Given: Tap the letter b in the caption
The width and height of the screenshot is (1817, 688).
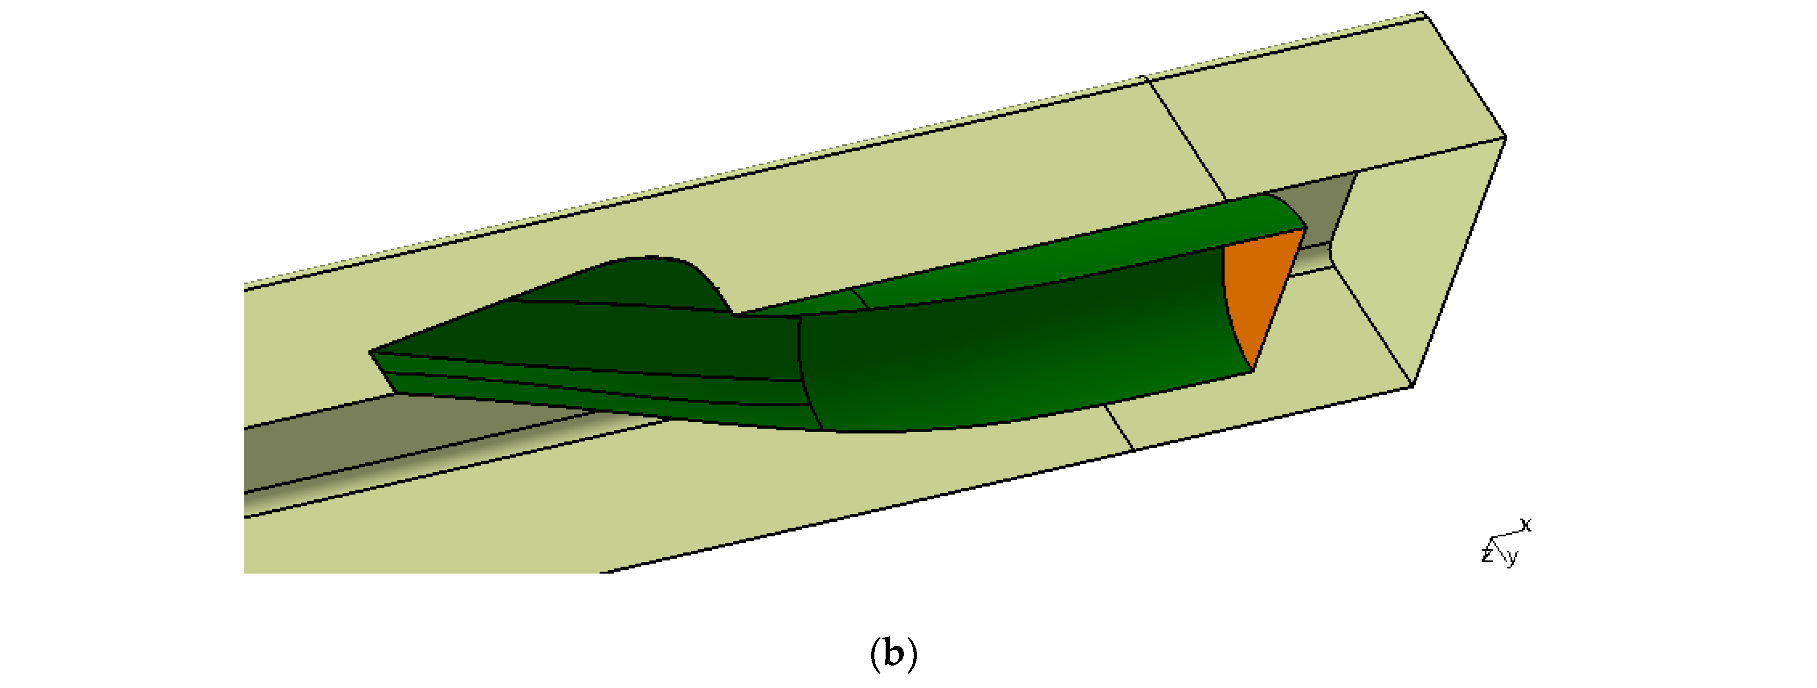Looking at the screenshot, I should pyautogui.click(x=894, y=653).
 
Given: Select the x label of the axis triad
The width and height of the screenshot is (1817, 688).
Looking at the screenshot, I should pyautogui.click(x=1526, y=525).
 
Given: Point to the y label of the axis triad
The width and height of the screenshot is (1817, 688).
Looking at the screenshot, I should pyautogui.click(x=1512, y=558).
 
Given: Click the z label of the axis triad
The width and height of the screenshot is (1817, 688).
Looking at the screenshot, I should pyautogui.click(x=1487, y=554).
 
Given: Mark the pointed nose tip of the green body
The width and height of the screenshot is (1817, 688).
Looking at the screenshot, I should pyautogui.click(x=371, y=351).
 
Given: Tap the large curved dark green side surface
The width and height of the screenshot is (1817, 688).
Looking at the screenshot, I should pyautogui.click(x=1023, y=353).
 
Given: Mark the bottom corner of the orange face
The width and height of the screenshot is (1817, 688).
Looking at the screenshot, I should pyautogui.click(x=1253, y=369).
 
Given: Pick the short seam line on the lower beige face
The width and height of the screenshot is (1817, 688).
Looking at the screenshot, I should pyautogui.click(x=1118, y=427).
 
